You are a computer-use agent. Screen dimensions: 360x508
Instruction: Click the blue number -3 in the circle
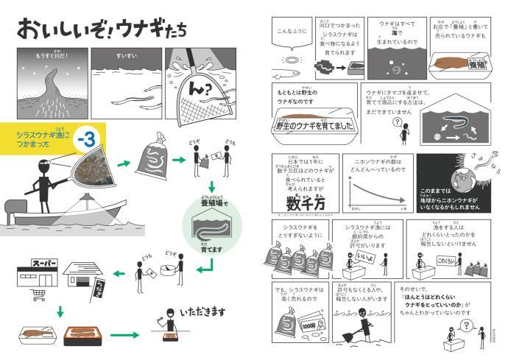88,138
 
